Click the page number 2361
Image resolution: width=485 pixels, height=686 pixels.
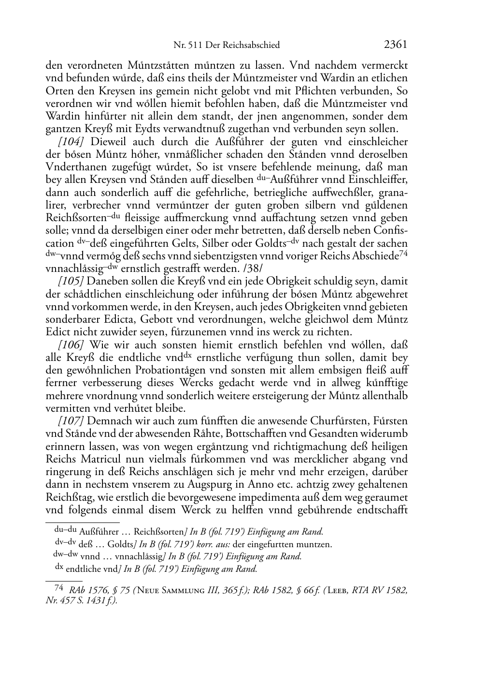coord(396,45)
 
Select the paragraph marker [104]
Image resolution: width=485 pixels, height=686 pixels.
coord(71,142)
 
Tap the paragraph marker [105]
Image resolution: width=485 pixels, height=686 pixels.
coord(71,281)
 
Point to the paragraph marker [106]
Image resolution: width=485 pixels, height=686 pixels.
coord(71,345)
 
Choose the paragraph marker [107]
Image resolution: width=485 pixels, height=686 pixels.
coord(71,421)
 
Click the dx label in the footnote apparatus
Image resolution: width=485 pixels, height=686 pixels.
coord(59,568)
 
